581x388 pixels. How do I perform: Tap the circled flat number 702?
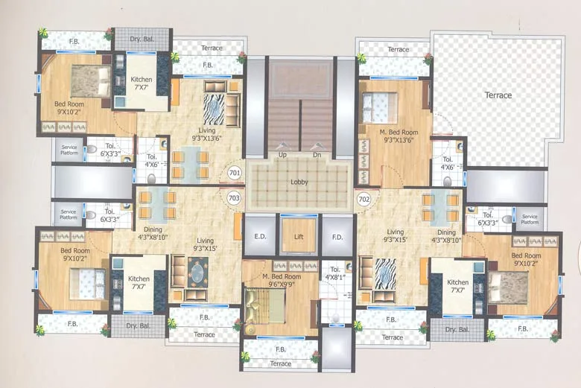tap(364, 199)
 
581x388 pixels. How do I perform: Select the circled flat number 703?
tap(233, 198)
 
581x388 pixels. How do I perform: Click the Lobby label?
tap(300, 182)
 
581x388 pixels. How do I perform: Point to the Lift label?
tap(299, 236)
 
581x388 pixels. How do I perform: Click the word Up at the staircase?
tap(282, 154)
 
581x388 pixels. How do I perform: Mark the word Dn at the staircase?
tap(316, 154)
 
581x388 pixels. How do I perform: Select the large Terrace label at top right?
tap(498, 95)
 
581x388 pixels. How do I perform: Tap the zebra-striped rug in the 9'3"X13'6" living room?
tap(215, 109)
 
